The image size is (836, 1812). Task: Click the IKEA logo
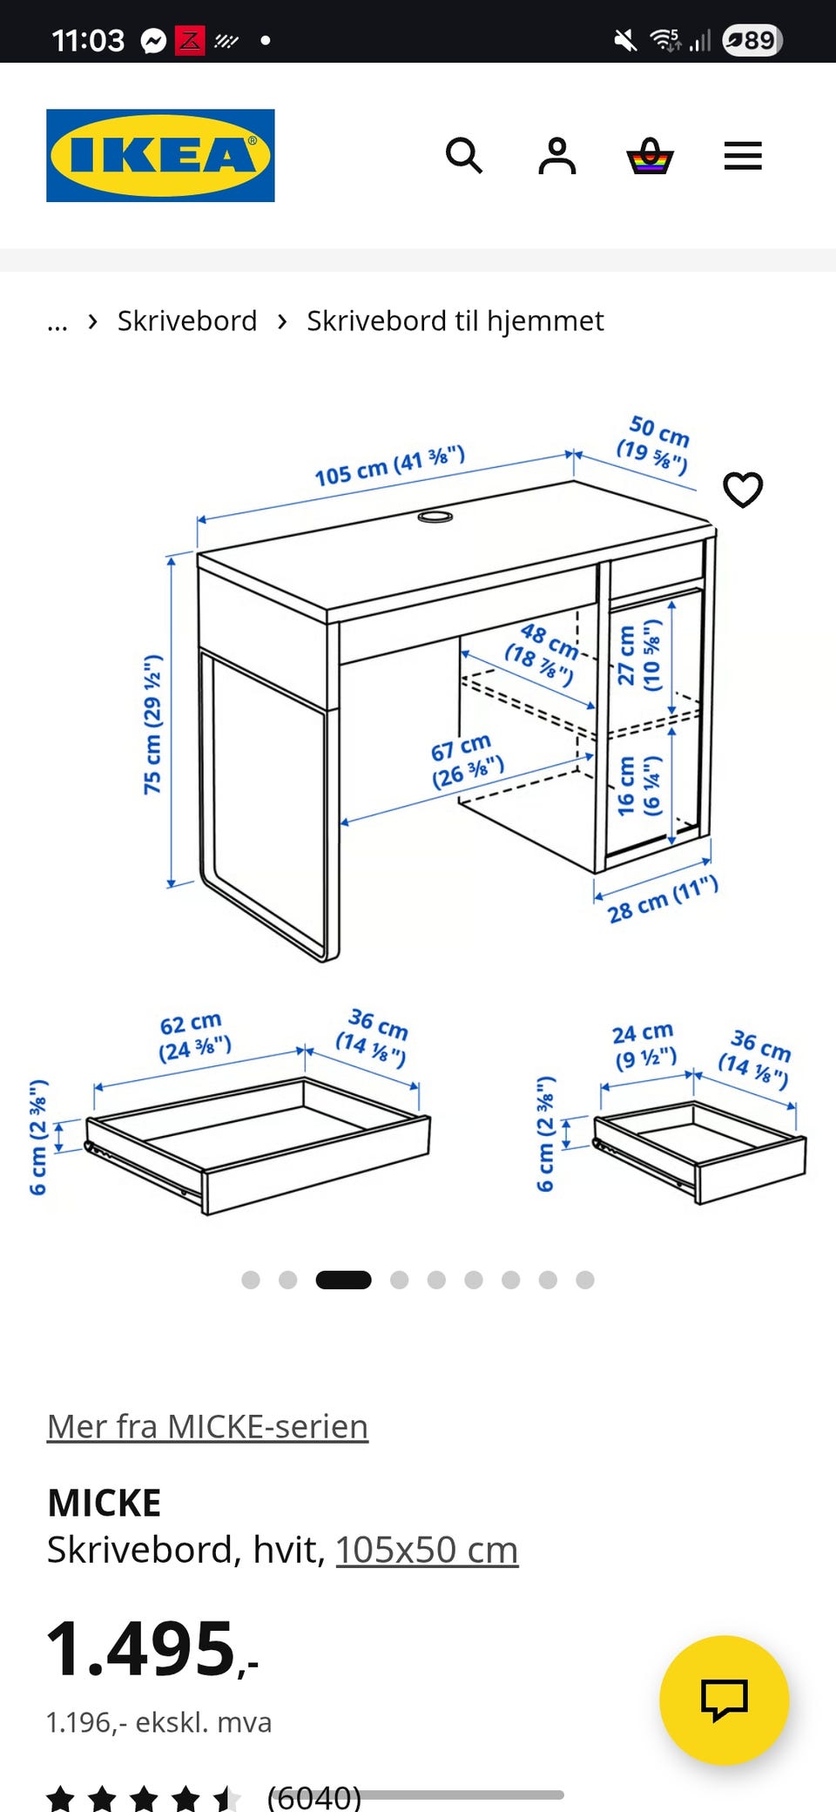160,155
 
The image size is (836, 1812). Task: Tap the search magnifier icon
464,156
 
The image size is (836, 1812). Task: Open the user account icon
557,156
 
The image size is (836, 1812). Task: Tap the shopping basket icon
650,156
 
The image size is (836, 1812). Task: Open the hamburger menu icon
743,156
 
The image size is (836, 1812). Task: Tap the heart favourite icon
743,490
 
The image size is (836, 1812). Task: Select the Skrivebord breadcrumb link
187,321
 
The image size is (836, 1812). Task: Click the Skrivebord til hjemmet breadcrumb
455,321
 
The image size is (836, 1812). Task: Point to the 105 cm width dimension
390,467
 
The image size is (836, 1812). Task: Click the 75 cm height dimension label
153,725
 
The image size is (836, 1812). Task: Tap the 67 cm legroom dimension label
466,761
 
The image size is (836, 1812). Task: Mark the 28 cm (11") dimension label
664,900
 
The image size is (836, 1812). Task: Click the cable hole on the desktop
435,517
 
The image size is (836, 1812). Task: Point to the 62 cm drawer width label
194,1036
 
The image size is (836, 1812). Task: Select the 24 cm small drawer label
645,1046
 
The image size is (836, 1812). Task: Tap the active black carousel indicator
343,1280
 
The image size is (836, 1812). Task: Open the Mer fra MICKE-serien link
207,1427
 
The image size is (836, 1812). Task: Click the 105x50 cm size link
427,1550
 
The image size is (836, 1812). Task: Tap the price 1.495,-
152,1648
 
